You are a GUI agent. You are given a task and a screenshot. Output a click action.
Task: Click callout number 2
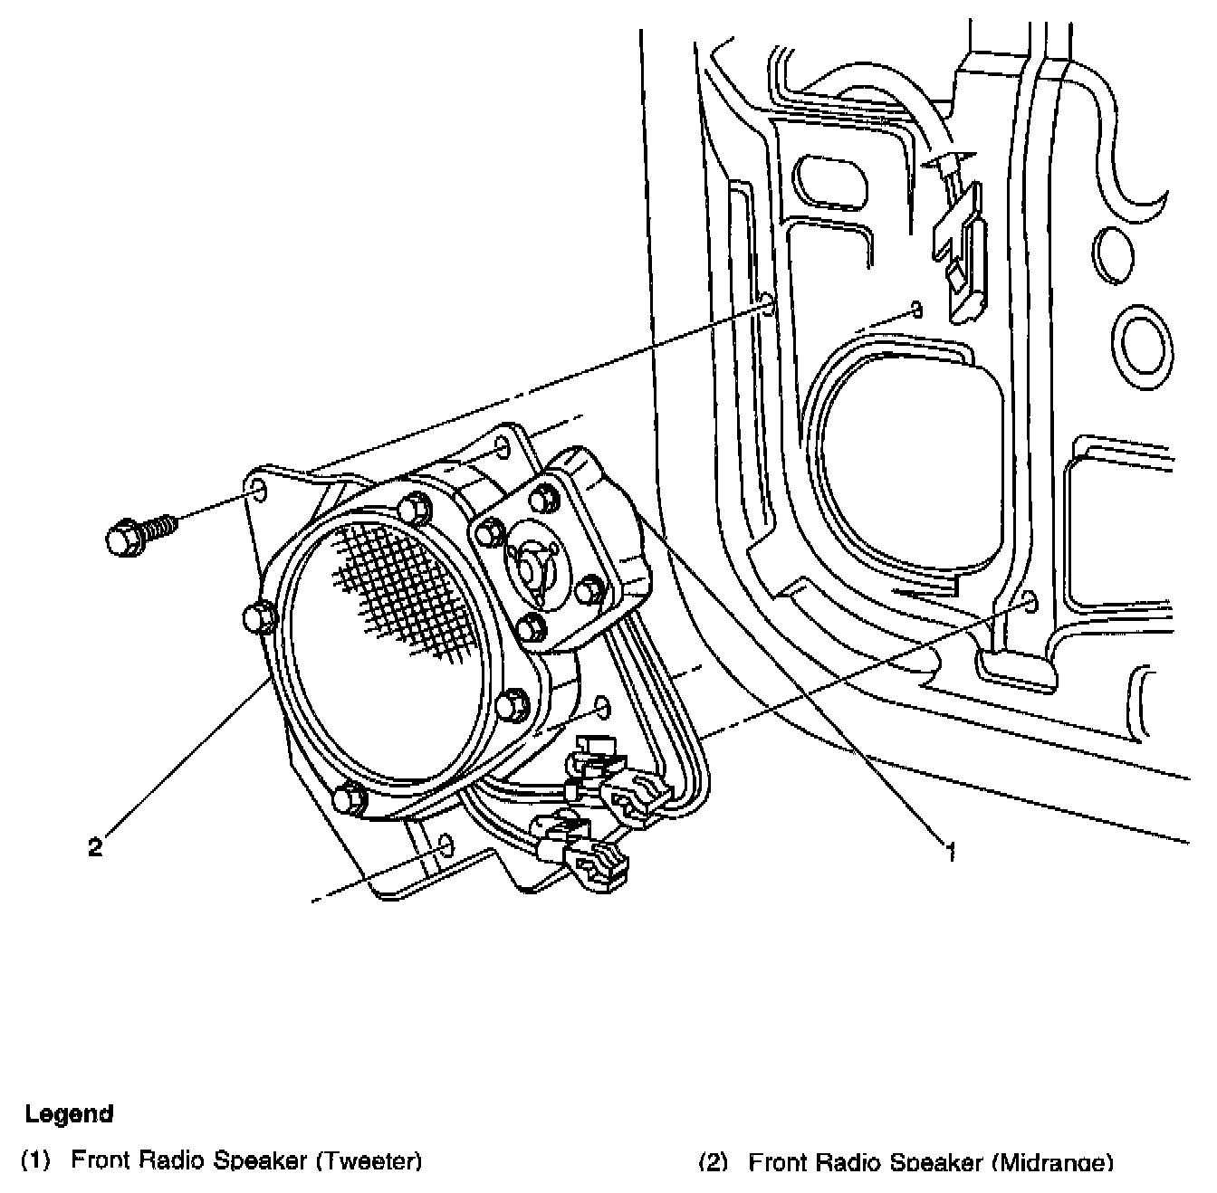(x=95, y=848)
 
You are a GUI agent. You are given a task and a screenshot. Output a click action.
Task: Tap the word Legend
(x=69, y=1113)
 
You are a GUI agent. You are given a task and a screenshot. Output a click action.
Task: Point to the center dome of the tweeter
(x=530, y=566)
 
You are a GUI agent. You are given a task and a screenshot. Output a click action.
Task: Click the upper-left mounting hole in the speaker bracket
(x=256, y=491)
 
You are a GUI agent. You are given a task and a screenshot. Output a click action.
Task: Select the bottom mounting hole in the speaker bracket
(x=445, y=846)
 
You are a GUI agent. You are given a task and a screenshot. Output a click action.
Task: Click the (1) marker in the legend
(x=34, y=1160)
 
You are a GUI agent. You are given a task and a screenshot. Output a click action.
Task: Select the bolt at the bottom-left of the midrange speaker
(x=350, y=798)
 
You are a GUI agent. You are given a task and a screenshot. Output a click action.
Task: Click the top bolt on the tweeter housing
(x=542, y=496)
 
